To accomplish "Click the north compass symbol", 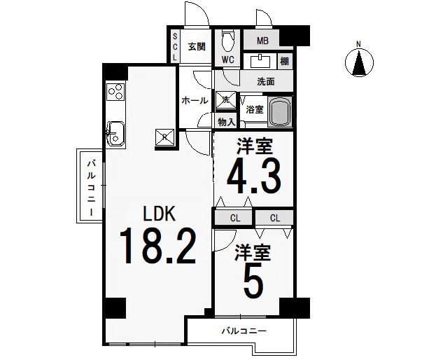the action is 359,62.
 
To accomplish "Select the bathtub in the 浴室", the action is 280,111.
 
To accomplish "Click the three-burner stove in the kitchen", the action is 116,92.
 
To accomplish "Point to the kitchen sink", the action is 115,134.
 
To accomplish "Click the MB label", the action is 262,41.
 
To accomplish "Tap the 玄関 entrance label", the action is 197,47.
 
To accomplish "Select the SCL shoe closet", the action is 175,46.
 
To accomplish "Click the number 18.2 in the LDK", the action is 158,246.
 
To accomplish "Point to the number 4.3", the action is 254,176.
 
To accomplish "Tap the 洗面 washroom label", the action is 266,81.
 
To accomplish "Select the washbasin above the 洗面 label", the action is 260,61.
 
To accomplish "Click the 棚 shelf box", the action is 285,62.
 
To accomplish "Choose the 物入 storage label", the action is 226,123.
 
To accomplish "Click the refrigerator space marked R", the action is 165,137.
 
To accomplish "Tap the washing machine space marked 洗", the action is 225,100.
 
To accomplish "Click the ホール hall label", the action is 195,100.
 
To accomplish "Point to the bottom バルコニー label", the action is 244,331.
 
